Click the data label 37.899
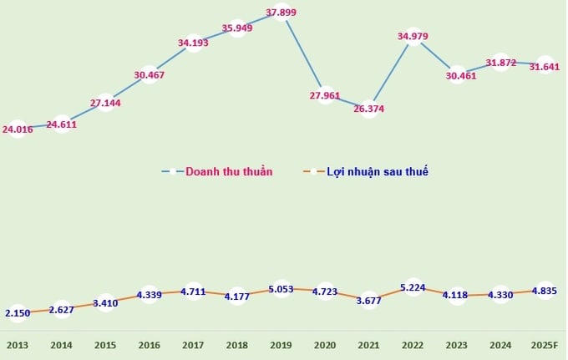pos(281,13)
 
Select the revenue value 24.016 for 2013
pos(18,129)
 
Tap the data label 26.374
pos(368,109)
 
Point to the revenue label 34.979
pos(413,36)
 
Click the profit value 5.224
pos(413,288)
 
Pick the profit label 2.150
pos(18,313)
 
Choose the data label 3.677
pos(368,301)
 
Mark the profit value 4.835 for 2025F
pos(544,292)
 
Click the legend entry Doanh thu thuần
pos(228,172)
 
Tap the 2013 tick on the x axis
pos(18,345)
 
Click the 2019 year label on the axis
pos(281,345)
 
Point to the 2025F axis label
pos(544,345)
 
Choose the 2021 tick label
pos(368,345)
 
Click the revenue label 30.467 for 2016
pos(149,75)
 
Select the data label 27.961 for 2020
pos(325,96)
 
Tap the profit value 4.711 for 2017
pos(193,292)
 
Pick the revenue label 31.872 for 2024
pos(500,63)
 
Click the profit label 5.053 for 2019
pos(281,290)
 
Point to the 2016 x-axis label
pos(149,345)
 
